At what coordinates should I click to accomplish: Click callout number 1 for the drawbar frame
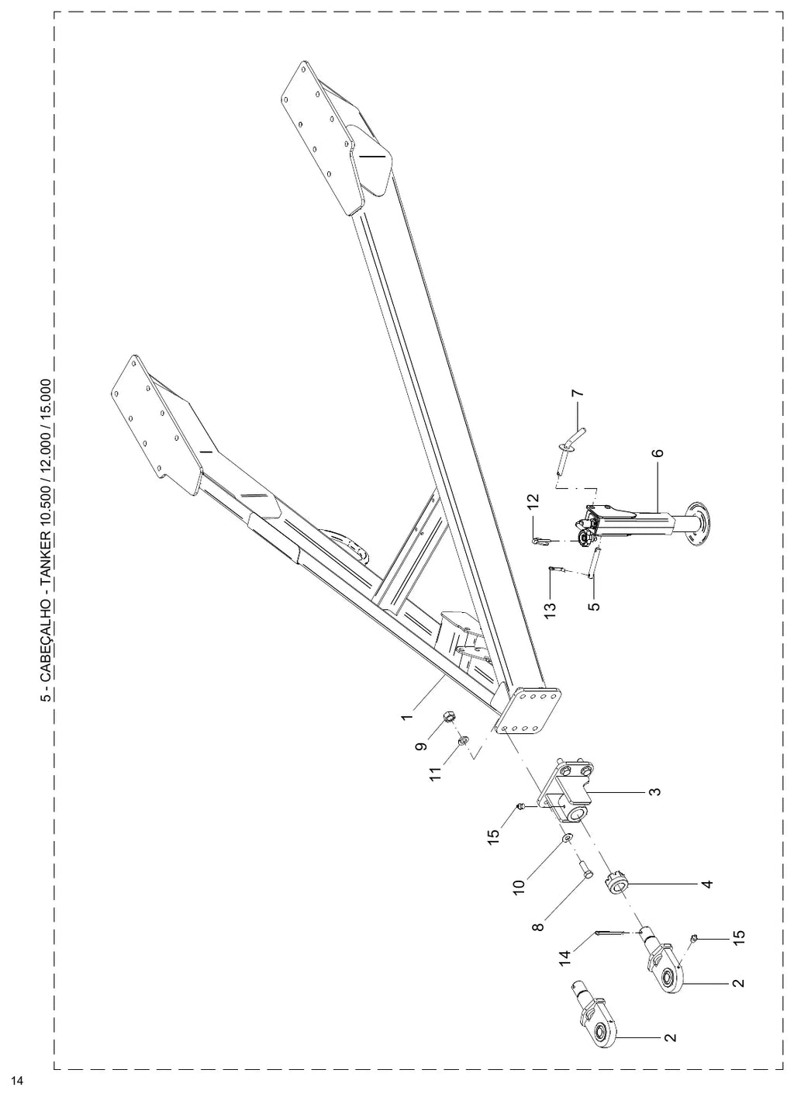tap(407, 716)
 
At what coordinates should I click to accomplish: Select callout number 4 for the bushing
tap(706, 883)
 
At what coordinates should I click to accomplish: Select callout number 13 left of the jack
tap(550, 610)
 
